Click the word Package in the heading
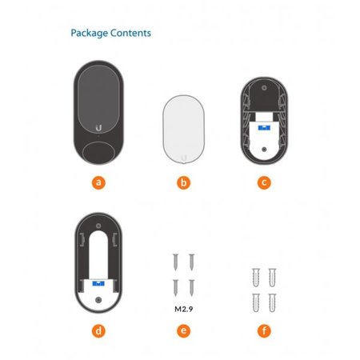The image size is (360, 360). click(x=90, y=34)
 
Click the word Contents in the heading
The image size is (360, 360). click(x=130, y=33)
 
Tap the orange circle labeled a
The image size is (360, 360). click(x=98, y=183)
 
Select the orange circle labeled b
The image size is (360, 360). click(x=184, y=183)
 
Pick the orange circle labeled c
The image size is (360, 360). click(x=264, y=183)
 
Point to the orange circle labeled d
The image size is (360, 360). click(x=98, y=331)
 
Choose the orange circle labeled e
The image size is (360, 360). click(x=184, y=331)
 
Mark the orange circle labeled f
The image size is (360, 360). click(x=264, y=331)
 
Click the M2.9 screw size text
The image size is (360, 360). click(x=184, y=309)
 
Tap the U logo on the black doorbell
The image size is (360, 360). click(x=98, y=128)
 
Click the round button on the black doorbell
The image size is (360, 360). click(x=98, y=153)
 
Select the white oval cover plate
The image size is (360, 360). click(x=184, y=129)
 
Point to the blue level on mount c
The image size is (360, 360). click(x=264, y=128)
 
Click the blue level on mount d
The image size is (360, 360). click(x=98, y=283)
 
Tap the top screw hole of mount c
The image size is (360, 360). click(x=264, y=88)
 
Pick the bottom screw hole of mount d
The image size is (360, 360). click(x=98, y=300)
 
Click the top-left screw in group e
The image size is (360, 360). click(x=175, y=262)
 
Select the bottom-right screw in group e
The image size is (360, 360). click(x=191, y=288)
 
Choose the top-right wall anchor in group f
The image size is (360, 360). click(x=272, y=278)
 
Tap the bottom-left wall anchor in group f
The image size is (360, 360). click(x=256, y=302)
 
